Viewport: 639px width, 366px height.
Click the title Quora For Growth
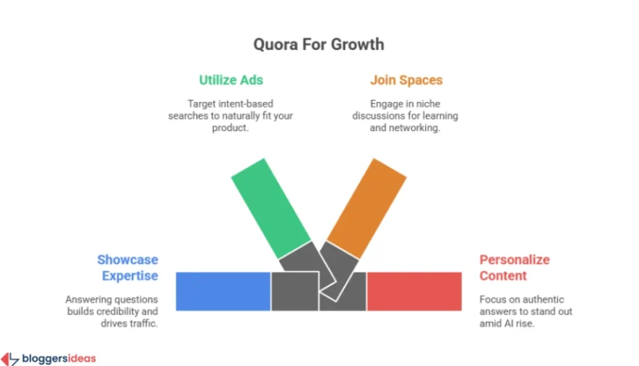pos(318,44)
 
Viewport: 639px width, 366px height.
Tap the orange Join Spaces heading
pos(406,80)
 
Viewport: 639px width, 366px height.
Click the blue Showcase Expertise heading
pos(128,268)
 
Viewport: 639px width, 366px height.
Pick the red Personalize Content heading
pos(514,268)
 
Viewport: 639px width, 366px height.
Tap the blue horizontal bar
pos(223,291)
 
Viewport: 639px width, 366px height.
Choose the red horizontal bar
pos(413,291)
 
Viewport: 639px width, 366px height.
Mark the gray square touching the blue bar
pos(294,291)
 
